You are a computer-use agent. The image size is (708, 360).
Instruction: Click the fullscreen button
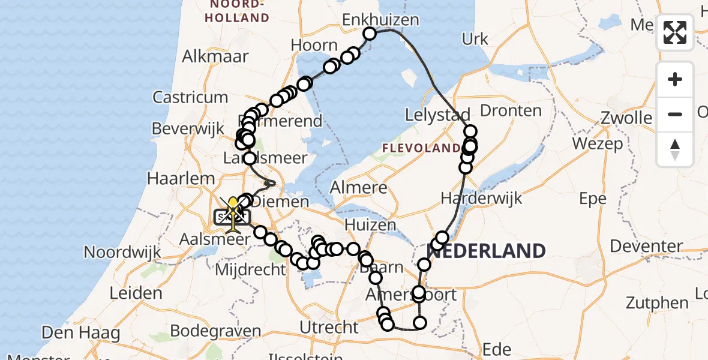[675, 32]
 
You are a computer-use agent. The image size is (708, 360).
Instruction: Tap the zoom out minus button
[675, 114]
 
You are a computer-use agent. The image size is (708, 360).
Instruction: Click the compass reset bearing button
[675, 149]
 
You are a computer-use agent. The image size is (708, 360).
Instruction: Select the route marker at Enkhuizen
[370, 34]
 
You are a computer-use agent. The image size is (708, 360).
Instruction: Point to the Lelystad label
[437, 115]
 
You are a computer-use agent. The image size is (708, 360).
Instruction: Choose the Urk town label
[475, 40]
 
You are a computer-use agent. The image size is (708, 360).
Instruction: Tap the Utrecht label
[328, 328]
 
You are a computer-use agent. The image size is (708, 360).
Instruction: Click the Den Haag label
[80, 332]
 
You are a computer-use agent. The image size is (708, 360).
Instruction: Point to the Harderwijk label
[473, 198]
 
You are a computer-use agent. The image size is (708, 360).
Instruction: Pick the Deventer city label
[646, 246]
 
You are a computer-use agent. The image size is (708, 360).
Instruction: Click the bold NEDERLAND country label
[489, 251]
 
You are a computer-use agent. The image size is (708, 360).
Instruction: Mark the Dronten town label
[511, 110]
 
